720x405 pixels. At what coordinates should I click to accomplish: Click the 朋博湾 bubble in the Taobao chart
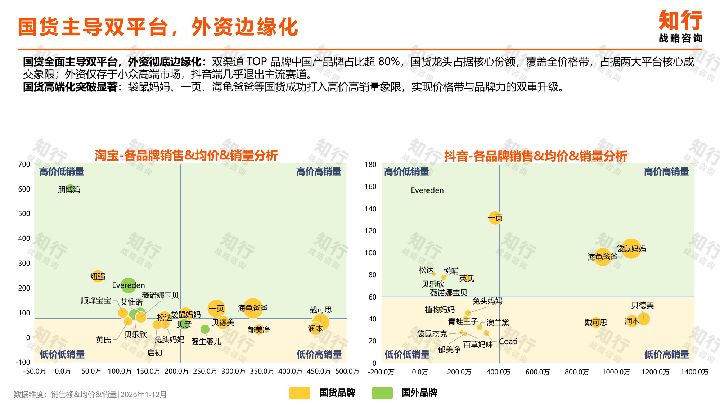coord(71,188)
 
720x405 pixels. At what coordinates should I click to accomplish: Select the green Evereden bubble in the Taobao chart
coord(129,285)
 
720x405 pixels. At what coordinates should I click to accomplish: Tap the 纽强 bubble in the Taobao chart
coord(98,276)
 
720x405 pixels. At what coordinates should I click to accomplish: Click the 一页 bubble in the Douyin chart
coord(495,217)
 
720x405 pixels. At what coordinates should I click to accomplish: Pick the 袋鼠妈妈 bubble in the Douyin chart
coord(631,248)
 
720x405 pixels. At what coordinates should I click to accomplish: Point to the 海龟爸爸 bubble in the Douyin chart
coord(602,257)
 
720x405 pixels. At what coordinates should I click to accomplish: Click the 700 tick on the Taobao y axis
coord(24,165)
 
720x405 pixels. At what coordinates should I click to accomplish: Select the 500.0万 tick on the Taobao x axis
coord(347,372)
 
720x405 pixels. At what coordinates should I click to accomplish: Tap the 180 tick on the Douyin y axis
coord(370,165)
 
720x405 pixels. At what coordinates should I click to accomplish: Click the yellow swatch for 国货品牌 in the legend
coord(299,393)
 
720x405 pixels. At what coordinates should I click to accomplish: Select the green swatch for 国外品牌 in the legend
coord(382,393)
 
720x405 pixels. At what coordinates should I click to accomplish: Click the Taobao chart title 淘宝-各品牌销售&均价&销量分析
coord(186,156)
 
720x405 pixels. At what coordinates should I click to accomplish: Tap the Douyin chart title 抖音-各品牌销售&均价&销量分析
coord(535,156)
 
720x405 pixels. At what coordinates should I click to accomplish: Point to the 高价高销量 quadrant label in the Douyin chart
coord(666,172)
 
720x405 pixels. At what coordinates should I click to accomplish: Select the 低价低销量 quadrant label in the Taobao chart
coord(62,355)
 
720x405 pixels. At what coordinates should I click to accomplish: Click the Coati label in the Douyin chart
coord(508,342)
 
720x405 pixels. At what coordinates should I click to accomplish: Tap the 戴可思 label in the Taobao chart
coord(320,310)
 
